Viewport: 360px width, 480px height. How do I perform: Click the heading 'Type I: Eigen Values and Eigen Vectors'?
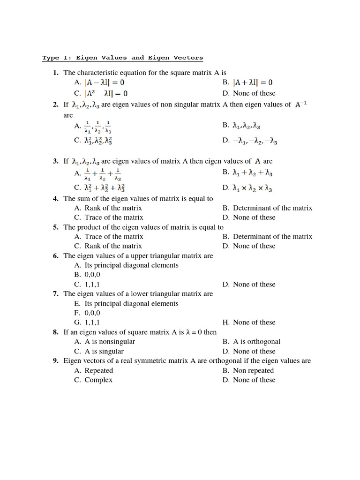[123, 58]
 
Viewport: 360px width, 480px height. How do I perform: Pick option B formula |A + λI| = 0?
[253, 82]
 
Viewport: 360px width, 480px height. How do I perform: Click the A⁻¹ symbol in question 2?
[301, 105]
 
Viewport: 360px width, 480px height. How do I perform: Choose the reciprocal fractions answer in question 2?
[98, 127]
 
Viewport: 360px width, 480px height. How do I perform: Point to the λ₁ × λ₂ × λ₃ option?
[253, 188]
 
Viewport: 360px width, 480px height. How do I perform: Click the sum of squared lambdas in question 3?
[105, 188]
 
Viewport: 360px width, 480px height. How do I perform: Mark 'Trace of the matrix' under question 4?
[114, 217]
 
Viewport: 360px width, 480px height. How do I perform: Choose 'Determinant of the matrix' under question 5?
[272, 237]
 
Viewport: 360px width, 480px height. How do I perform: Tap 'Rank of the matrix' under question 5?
[113, 246]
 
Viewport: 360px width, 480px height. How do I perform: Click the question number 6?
[55, 256]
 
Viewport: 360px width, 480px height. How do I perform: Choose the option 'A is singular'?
[104, 352]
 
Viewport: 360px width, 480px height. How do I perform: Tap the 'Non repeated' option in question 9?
[253, 371]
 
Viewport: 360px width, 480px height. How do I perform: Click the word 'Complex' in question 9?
[98, 380]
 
